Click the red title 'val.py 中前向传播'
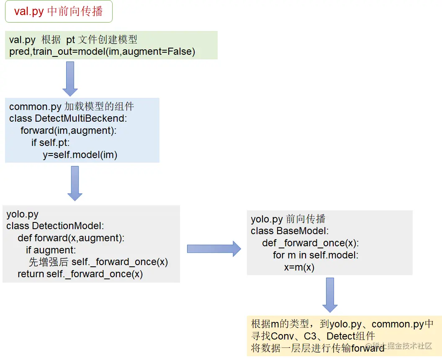point(59,11)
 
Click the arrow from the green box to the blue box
point(70,78)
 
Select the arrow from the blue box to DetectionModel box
point(75,183)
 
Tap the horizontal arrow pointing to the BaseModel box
point(213,249)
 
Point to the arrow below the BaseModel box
point(330,294)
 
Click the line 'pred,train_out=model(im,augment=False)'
point(102,51)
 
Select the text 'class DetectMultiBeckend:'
point(68,118)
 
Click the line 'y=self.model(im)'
point(80,154)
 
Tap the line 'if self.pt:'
point(50,143)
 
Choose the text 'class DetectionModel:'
point(55,226)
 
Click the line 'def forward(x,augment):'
point(71,238)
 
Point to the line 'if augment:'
point(51,250)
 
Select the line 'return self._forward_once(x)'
point(80,274)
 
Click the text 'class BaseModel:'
point(290,231)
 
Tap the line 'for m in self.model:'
point(316,255)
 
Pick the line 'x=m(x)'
point(299,267)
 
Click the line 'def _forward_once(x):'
point(311,243)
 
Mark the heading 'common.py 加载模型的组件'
point(72,107)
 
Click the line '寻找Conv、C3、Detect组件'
point(313,336)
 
